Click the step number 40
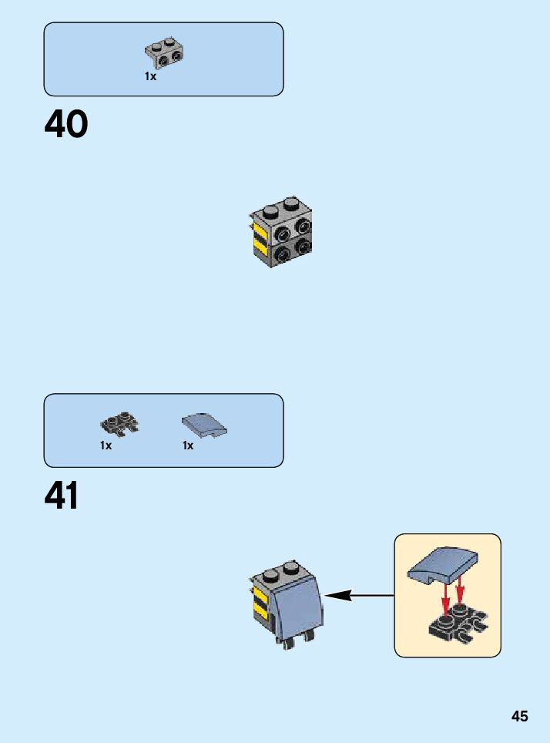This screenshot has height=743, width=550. (66, 125)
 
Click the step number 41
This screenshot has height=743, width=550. (62, 496)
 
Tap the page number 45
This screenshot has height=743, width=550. (520, 716)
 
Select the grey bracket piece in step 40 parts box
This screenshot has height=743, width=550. (164, 52)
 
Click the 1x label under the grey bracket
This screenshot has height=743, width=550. (150, 77)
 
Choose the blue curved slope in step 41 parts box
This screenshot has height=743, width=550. (204, 425)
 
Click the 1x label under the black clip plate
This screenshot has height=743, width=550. (106, 445)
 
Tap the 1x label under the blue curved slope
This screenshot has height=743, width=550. (188, 445)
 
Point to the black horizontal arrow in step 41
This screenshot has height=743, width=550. (359, 595)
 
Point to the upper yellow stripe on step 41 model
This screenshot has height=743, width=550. (260, 597)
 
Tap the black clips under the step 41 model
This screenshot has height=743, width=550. (297, 639)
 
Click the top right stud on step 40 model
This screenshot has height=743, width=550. (290, 204)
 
